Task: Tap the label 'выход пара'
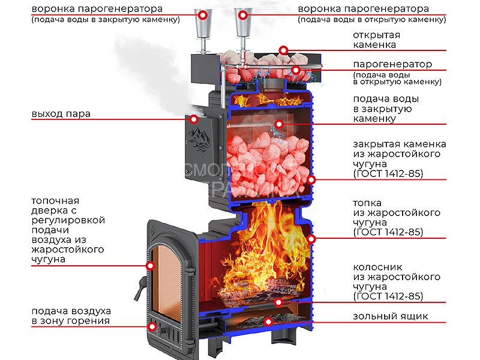click(61, 114)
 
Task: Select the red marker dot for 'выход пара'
click(194, 119)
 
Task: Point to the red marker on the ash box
click(268, 322)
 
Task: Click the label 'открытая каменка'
click(376, 40)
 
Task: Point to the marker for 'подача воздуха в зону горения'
click(152, 326)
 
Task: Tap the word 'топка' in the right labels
click(367, 203)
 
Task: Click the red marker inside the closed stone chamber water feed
click(278, 124)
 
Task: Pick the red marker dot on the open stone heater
click(283, 50)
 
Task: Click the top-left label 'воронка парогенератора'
click(97, 10)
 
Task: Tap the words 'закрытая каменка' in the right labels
click(399, 144)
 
